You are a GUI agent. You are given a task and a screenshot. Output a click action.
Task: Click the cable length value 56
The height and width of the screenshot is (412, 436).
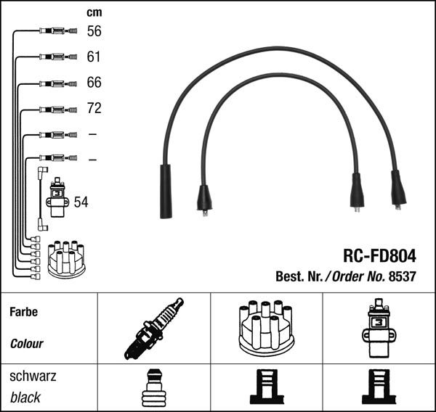[94, 31]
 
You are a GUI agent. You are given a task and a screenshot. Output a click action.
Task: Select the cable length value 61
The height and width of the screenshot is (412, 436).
[94, 57]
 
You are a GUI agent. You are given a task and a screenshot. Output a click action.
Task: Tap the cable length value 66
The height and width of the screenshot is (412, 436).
[94, 83]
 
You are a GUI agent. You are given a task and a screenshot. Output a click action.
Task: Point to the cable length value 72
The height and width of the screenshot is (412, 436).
[94, 109]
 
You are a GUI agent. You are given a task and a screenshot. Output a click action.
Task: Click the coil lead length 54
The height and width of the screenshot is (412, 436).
[81, 202]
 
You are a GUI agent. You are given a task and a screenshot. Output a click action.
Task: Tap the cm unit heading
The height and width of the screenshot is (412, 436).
[94, 12]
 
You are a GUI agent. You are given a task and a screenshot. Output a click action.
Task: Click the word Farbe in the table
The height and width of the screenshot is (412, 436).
[23, 313]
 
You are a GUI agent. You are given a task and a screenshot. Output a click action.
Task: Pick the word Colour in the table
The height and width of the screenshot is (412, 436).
[27, 344]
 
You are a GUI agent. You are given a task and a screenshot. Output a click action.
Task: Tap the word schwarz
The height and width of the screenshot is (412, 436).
[32, 376]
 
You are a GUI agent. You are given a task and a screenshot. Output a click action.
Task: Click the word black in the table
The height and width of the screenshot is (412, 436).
[25, 397]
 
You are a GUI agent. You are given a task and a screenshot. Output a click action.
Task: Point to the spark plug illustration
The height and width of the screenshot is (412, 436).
[153, 329]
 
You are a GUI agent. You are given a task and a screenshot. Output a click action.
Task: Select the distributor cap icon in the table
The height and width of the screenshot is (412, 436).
[266, 328]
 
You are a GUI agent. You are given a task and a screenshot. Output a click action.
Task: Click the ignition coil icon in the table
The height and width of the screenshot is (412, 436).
[379, 329]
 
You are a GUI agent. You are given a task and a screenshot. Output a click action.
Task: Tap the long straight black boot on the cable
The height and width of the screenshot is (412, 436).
[166, 191]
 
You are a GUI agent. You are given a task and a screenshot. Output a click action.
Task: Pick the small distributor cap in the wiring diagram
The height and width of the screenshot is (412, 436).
[66, 258]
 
